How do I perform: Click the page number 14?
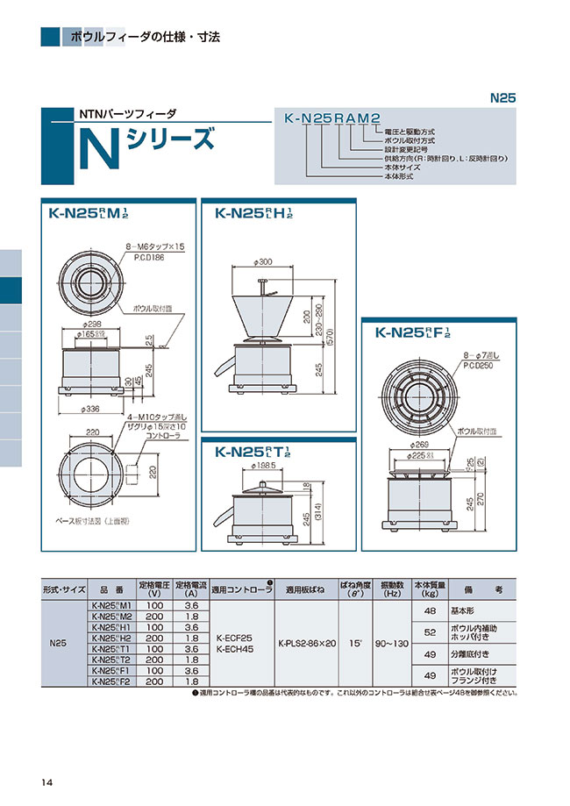(46, 783)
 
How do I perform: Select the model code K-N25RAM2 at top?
(331, 118)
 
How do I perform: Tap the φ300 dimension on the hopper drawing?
(261, 262)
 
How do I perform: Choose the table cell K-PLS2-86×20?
(306, 642)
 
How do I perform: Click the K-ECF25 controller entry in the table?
(233, 637)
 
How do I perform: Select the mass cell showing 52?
(430, 631)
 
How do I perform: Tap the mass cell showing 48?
(430, 610)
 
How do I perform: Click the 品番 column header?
(110, 589)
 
